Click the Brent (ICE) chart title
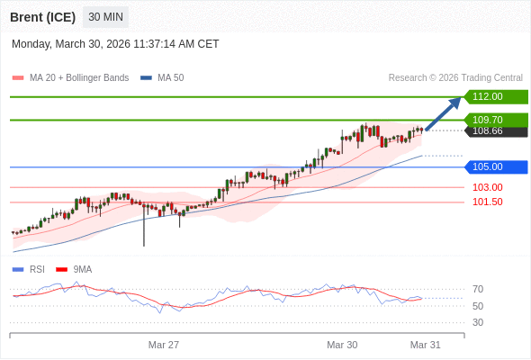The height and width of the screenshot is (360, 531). (43, 17)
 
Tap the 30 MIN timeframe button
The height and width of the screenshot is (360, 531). (105, 17)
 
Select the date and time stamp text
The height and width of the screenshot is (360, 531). (115, 44)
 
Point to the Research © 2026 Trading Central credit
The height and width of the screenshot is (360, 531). (455, 77)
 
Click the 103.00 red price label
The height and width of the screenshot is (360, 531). (488, 187)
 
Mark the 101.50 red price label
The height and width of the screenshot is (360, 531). (488, 202)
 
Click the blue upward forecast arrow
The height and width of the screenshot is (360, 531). (443, 113)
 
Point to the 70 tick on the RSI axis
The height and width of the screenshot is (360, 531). (478, 289)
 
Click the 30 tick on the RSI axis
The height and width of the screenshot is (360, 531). (478, 322)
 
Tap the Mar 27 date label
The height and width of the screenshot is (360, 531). (164, 345)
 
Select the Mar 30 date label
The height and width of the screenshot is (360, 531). (342, 345)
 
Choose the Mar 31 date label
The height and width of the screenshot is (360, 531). (425, 345)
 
